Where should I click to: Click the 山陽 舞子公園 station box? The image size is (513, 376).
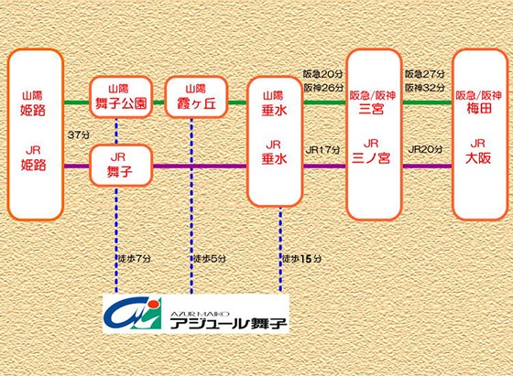[x=121, y=97]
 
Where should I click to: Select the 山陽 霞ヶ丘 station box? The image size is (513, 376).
[x=196, y=97]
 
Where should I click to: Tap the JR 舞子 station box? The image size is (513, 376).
[x=121, y=166]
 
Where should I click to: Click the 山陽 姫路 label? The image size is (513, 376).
[x=33, y=103]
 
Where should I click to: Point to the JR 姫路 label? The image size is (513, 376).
[x=33, y=158]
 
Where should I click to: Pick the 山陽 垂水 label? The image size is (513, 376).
[x=274, y=103]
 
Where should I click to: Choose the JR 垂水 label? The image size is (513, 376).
[x=274, y=153]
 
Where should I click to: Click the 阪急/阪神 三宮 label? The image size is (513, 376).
[x=372, y=102]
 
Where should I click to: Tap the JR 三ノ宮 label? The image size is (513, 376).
[x=371, y=152]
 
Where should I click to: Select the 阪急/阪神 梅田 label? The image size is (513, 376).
[x=478, y=102]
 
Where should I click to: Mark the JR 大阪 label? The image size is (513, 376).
[x=478, y=152]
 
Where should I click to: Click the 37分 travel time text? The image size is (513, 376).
[x=78, y=134]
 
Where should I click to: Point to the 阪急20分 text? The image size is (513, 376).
[x=322, y=74]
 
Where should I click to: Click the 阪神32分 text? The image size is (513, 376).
[x=425, y=88]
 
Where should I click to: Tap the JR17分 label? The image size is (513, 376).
[x=322, y=150]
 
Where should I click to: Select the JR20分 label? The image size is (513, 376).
[x=425, y=149]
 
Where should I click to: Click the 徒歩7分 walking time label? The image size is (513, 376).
[x=135, y=259]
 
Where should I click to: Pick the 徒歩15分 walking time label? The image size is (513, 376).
[x=302, y=259]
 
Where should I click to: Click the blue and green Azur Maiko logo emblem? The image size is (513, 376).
[x=133, y=314]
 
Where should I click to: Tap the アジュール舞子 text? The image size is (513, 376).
[x=228, y=324]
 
